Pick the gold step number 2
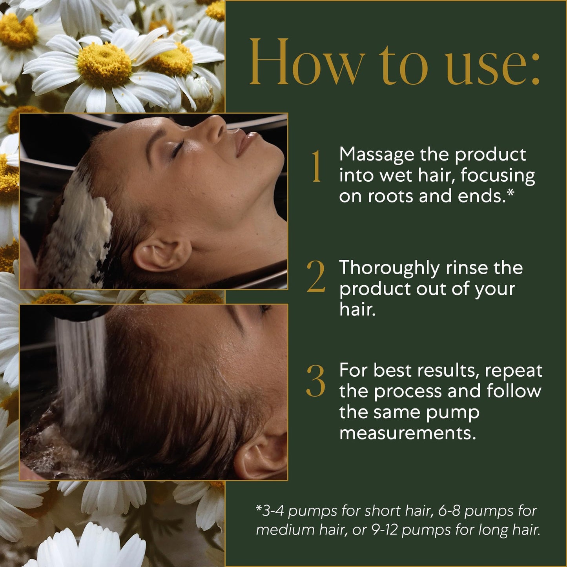316,277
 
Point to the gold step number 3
316,381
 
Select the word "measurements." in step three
408,434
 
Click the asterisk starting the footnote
259,508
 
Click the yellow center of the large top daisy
104,64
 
